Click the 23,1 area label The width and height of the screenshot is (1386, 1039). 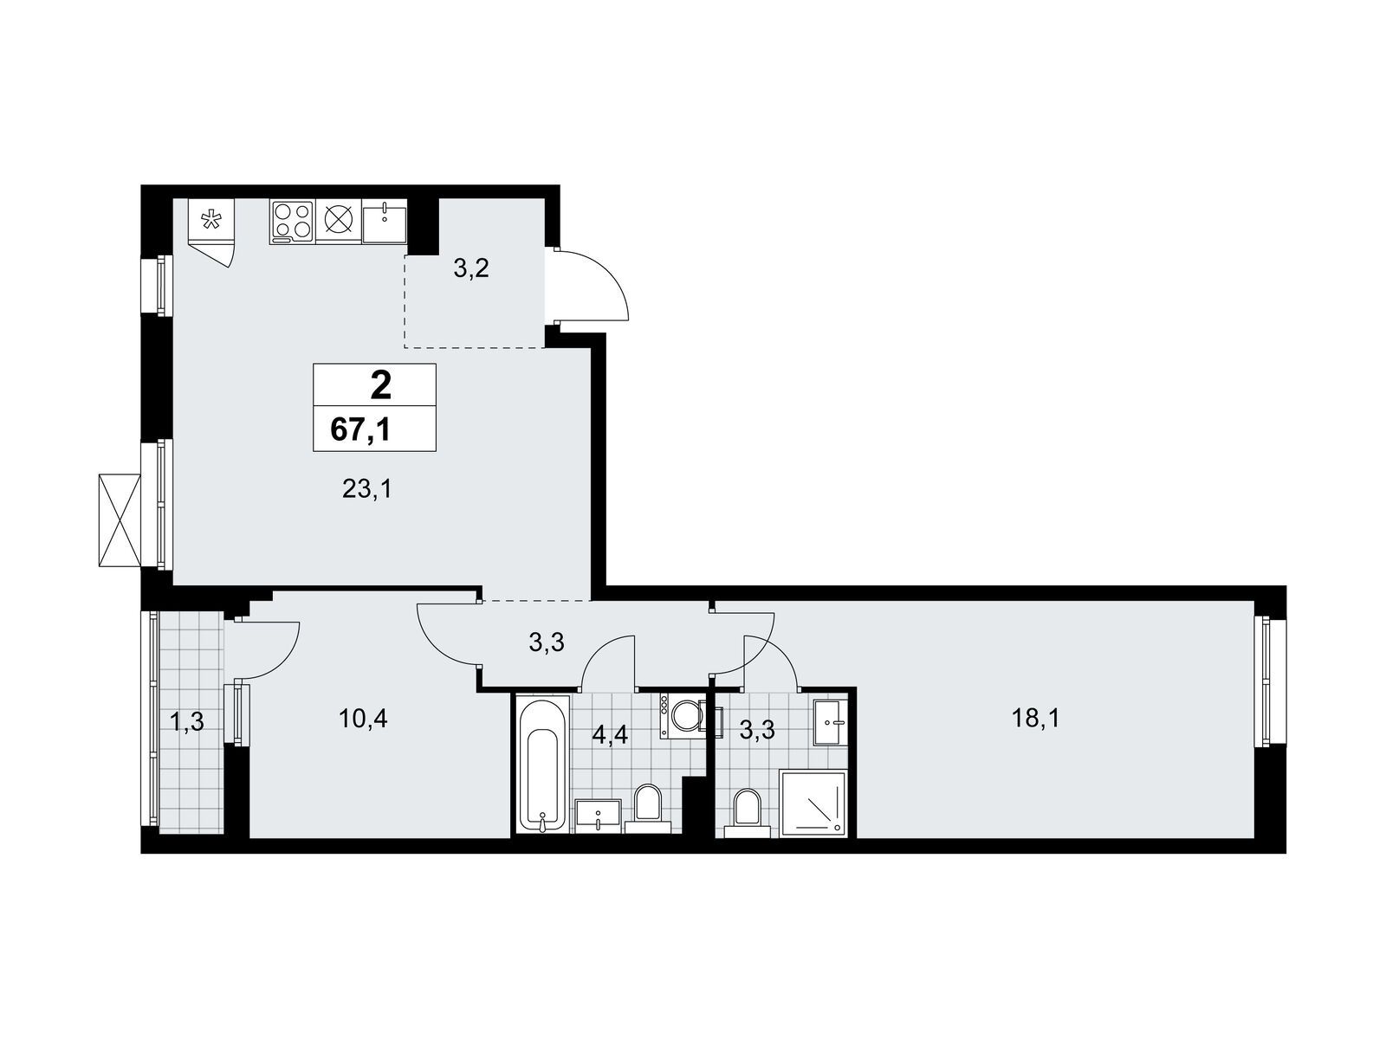pyautogui.click(x=366, y=488)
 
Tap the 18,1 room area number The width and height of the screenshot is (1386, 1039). pyautogui.click(x=1035, y=719)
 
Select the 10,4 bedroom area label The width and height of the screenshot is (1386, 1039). pyautogui.click(x=362, y=719)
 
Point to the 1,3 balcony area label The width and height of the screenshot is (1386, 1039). pyautogui.click(x=187, y=720)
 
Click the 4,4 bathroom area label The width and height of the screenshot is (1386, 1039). pyautogui.click(x=610, y=735)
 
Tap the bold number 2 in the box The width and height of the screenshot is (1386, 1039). pyautogui.click(x=380, y=385)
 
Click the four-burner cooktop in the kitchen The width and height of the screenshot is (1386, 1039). pyautogui.click(x=292, y=222)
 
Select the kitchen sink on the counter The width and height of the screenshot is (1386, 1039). pyautogui.click(x=385, y=222)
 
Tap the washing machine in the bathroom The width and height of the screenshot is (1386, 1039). pyautogui.click(x=681, y=716)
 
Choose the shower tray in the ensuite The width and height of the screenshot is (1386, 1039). pyautogui.click(x=812, y=803)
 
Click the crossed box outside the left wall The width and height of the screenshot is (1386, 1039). pyautogui.click(x=120, y=520)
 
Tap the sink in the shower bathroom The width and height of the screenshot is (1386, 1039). pyautogui.click(x=830, y=722)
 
